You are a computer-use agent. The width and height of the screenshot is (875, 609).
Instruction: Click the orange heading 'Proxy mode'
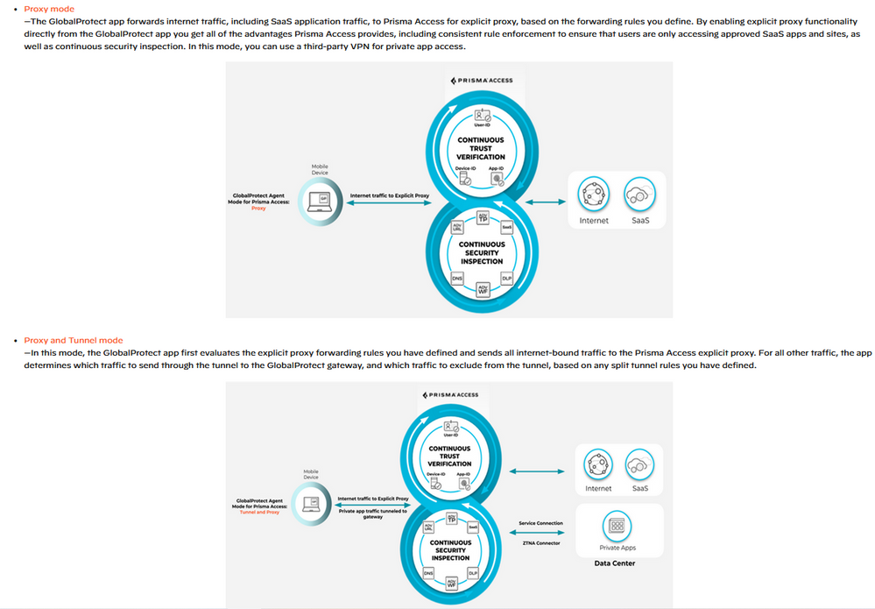tap(49, 9)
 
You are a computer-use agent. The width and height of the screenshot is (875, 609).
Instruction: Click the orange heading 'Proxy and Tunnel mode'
tap(74, 340)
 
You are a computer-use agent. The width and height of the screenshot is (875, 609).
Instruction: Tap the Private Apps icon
tap(617, 527)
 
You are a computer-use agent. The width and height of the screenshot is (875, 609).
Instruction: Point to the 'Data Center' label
tap(614, 563)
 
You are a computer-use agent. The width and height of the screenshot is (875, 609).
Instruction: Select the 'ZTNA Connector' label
tap(540, 543)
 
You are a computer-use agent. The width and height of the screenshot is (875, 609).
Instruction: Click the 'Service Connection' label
tap(540, 523)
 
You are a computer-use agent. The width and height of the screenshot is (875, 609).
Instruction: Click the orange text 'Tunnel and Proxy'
tap(258, 513)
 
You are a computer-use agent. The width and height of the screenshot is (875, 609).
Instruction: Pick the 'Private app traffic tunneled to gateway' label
tap(372, 513)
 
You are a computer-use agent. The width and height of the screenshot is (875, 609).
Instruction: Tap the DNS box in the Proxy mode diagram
tap(456, 278)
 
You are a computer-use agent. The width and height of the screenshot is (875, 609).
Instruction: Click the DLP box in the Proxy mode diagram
tap(506, 278)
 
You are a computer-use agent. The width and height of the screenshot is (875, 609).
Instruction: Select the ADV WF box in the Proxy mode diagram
tap(482, 289)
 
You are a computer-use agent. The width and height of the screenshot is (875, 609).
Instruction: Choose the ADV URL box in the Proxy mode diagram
tap(456, 228)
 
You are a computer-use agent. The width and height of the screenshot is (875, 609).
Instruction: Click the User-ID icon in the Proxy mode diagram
tap(481, 115)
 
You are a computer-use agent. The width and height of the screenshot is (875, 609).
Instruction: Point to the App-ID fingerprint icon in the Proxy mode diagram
tap(497, 178)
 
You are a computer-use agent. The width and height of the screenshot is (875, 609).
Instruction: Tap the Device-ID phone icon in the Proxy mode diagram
tap(466, 178)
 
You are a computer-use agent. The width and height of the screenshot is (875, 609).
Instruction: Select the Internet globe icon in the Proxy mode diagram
tap(594, 194)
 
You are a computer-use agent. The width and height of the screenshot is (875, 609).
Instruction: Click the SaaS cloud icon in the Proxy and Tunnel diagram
tap(640, 464)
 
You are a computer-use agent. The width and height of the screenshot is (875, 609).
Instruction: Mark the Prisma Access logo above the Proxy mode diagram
tap(481, 81)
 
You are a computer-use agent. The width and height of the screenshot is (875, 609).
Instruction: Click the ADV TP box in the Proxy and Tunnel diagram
tap(451, 518)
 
